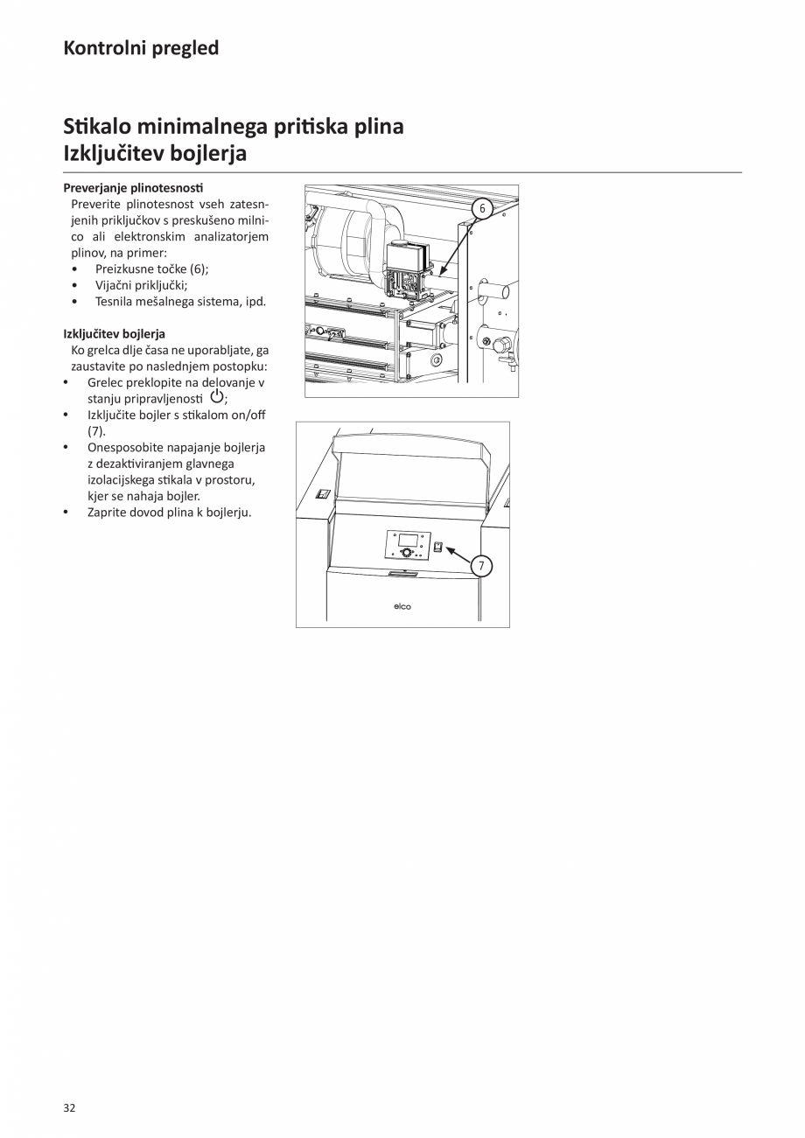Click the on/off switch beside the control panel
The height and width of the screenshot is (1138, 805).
(x=438, y=547)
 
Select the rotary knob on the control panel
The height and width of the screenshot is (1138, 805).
(x=405, y=553)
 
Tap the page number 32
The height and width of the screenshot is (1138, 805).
(x=70, y=1107)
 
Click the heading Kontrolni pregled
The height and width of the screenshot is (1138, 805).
(x=141, y=48)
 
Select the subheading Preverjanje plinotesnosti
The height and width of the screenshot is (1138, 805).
(x=133, y=188)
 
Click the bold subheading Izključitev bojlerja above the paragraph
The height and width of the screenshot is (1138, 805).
(x=114, y=333)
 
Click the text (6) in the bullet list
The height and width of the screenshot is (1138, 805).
(x=198, y=269)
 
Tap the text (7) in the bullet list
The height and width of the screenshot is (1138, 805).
(x=95, y=431)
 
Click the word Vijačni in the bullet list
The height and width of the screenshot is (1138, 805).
(x=115, y=284)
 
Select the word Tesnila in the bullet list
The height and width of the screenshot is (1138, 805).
(x=115, y=301)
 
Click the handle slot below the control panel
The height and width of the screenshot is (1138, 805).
(x=402, y=573)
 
